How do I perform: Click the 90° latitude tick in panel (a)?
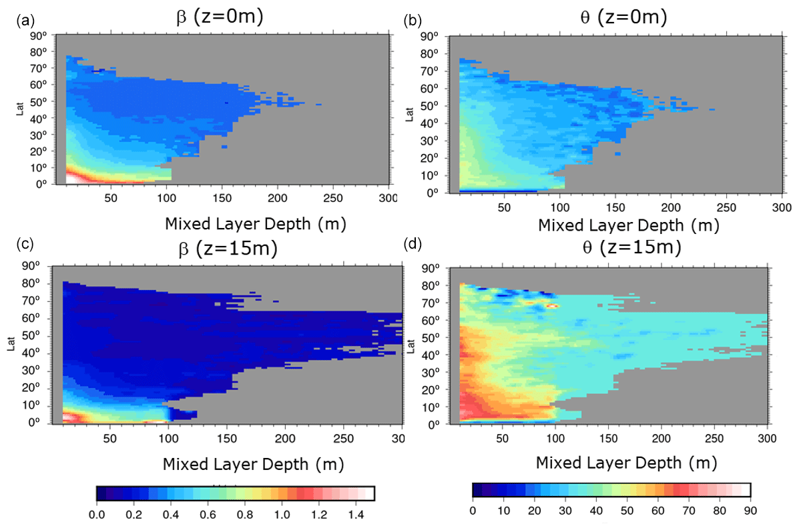(x=39, y=36)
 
